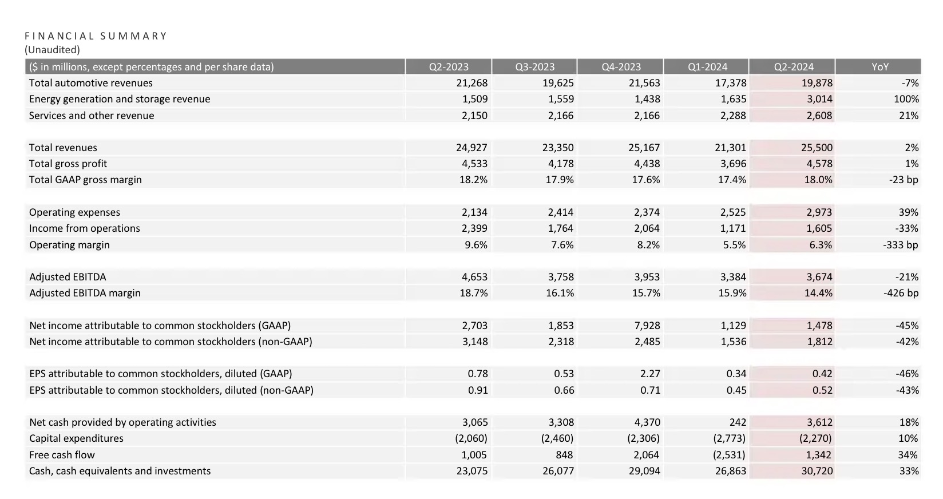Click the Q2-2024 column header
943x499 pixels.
(x=794, y=67)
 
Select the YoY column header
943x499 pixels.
(x=880, y=67)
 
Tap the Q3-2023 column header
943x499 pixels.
(x=534, y=67)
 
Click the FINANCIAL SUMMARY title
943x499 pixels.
(x=96, y=36)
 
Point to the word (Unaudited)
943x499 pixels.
(x=52, y=50)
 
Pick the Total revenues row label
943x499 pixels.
(x=63, y=148)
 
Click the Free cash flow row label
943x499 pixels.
(x=62, y=455)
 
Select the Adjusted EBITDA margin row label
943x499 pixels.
(x=85, y=293)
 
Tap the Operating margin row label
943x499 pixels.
(x=69, y=245)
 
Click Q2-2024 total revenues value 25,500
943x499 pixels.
(x=817, y=148)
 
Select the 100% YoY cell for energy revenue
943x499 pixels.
(x=906, y=99)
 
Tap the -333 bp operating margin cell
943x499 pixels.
(x=901, y=245)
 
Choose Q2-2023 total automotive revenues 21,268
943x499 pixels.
(x=472, y=83)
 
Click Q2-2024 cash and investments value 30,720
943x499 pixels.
(x=817, y=471)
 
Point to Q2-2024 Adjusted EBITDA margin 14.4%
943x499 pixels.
(x=818, y=293)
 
